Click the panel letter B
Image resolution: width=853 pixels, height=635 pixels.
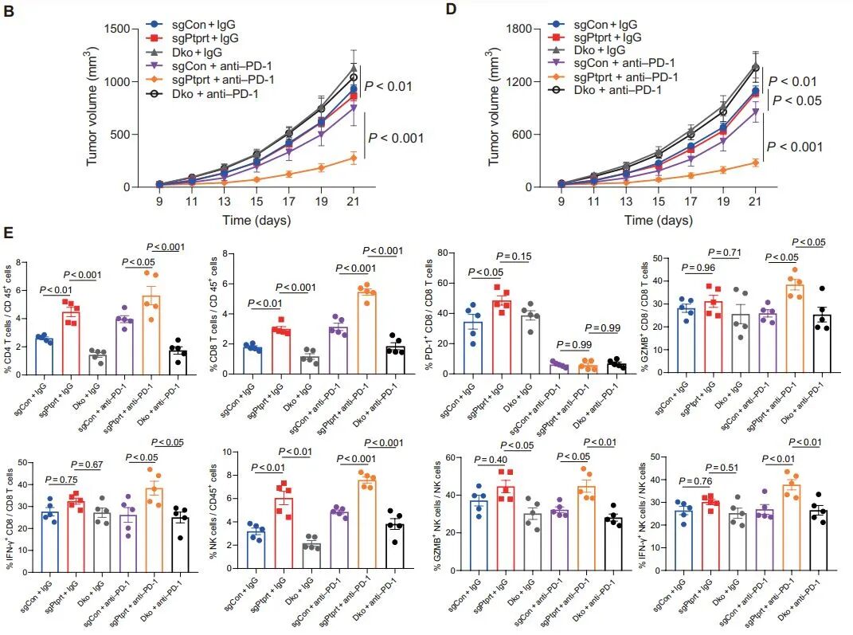tap(9, 10)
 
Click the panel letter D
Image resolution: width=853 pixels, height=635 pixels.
tap(451, 10)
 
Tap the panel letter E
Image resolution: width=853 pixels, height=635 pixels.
tap(8, 233)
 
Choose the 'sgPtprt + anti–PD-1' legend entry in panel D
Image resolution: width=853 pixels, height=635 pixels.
tap(613, 77)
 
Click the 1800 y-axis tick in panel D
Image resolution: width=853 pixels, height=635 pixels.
tap(519, 29)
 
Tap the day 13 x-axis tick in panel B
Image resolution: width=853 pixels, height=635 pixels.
tap(224, 202)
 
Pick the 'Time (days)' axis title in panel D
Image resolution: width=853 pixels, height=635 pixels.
tap(658, 221)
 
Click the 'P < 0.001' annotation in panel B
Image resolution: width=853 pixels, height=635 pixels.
tap(396, 138)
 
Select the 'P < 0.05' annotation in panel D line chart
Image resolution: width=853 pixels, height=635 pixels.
tap(797, 100)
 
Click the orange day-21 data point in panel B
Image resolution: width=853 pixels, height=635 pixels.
tap(354, 159)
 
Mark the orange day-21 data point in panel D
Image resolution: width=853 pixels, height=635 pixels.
tap(755, 163)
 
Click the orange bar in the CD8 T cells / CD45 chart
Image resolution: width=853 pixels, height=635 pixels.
tap(366, 333)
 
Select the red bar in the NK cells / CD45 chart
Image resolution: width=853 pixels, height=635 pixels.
tap(284, 533)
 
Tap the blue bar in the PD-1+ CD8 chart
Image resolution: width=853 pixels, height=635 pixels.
tap(473, 348)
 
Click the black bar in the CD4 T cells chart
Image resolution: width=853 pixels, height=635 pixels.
tap(178, 363)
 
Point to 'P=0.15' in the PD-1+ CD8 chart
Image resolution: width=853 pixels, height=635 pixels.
tap(514, 257)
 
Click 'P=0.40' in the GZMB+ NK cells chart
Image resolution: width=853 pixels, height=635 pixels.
tap(491, 461)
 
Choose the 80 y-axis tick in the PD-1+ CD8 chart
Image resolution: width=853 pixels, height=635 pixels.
tap(442, 253)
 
